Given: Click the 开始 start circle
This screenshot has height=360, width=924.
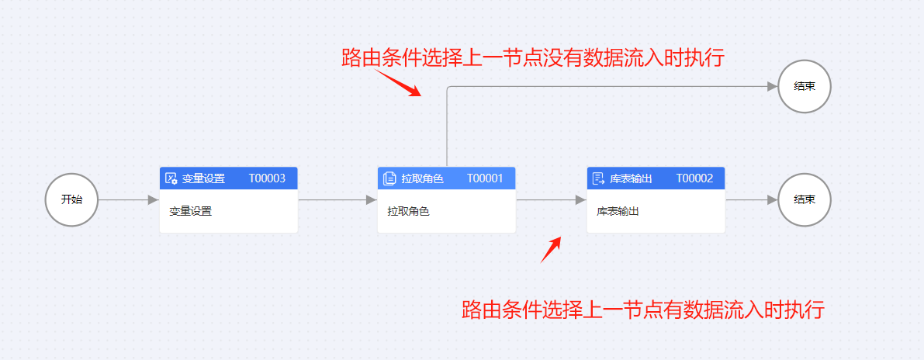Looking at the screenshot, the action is (71, 199).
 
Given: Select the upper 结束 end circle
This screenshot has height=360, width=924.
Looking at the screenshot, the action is (805, 87).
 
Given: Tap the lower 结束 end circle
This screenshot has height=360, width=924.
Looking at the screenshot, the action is (805, 199).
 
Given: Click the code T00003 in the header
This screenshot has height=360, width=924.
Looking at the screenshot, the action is (267, 178).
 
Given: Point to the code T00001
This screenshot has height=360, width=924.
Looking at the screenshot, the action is (485, 178).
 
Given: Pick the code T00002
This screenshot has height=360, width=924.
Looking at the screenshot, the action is (694, 178).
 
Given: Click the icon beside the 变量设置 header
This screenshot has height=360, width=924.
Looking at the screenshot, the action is (171, 178).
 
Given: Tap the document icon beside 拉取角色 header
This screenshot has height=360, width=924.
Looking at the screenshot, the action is (389, 178).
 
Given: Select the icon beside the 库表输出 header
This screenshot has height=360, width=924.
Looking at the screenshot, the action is (598, 178).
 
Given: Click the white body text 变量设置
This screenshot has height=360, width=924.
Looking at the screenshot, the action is (190, 211).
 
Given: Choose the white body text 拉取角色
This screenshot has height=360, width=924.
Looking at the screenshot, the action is (408, 211).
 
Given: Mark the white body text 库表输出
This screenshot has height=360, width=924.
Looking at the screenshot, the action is (618, 211).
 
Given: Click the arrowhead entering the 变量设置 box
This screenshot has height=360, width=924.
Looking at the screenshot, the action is (154, 199).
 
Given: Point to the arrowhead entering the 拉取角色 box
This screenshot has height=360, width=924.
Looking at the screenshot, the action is (372, 199).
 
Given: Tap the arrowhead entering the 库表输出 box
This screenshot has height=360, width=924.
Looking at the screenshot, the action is (581, 199).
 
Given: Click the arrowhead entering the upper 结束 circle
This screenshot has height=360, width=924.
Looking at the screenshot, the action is (773, 87).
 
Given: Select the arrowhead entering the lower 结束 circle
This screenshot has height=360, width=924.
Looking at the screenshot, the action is (773, 199).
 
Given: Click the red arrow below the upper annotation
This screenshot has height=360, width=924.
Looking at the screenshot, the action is (398, 83).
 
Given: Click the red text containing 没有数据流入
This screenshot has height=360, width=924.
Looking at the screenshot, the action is (533, 57).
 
